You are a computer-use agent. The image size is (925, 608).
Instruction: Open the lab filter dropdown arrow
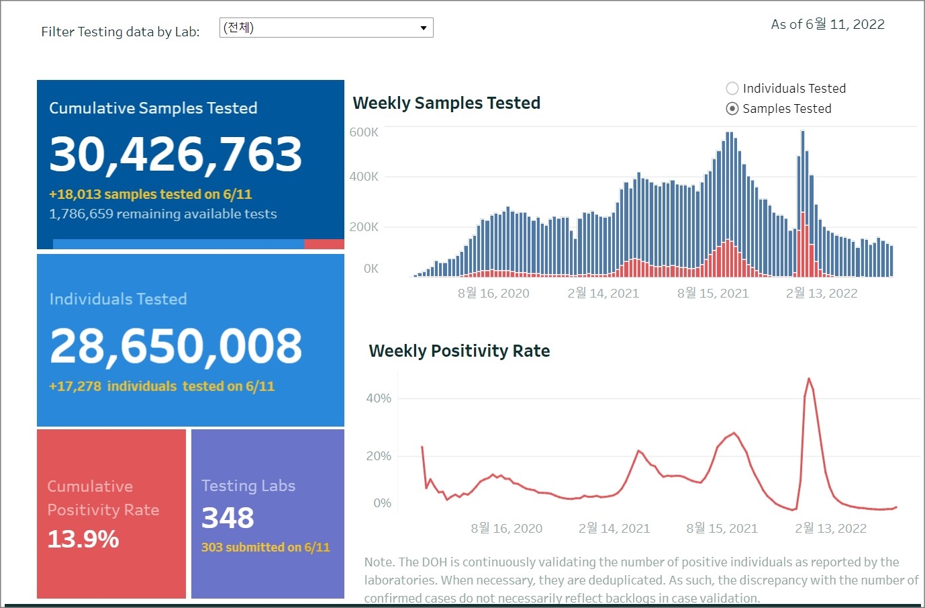click(424, 28)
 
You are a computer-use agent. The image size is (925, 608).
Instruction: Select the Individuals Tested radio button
click(732, 89)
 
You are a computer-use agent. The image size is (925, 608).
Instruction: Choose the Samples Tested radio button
click(732, 109)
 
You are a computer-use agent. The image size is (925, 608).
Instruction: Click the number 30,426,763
click(176, 154)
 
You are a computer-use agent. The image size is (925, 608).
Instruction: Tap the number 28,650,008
click(176, 346)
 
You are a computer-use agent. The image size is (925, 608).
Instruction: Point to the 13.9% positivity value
click(83, 539)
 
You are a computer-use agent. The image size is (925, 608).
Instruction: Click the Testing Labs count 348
click(228, 518)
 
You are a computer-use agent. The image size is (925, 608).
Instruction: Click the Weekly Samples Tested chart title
click(446, 103)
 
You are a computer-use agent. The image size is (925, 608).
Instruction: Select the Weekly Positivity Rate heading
click(459, 351)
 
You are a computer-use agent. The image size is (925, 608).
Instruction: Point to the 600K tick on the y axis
click(364, 132)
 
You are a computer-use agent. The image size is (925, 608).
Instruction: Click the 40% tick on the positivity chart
click(379, 398)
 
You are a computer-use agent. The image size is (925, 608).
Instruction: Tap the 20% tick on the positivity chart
click(379, 456)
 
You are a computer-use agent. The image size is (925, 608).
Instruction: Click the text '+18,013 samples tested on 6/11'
click(150, 194)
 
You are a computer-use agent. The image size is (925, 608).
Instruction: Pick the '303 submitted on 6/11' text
click(266, 548)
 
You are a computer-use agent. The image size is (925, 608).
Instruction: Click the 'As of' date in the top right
click(828, 25)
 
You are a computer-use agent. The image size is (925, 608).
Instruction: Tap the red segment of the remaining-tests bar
click(324, 245)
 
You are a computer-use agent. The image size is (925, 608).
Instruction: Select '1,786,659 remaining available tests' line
click(163, 214)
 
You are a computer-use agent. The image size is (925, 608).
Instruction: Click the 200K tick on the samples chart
click(364, 227)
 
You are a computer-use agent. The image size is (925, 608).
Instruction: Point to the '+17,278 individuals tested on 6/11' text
click(162, 386)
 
